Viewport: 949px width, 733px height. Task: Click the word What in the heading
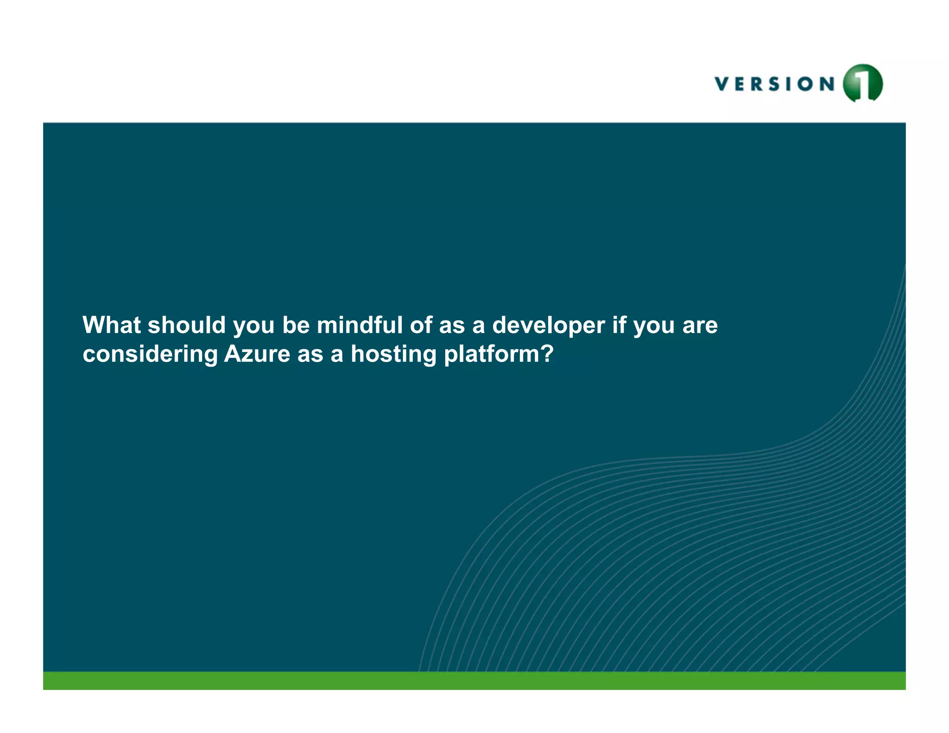click(111, 325)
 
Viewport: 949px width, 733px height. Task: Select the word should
click(186, 325)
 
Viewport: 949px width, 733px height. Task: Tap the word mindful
click(360, 325)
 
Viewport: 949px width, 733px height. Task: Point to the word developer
click(548, 325)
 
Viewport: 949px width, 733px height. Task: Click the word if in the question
click(619, 325)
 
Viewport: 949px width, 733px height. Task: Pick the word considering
click(150, 355)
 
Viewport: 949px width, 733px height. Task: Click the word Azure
click(257, 354)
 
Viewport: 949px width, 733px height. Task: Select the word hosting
click(393, 355)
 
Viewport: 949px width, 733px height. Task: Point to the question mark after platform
click(547, 354)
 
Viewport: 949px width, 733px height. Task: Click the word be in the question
click(296, 325)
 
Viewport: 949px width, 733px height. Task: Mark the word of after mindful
click(421, 325)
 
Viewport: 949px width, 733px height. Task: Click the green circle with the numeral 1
click(863, 83)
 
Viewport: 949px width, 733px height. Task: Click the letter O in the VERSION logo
click(806, 84)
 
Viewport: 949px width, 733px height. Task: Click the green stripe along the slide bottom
click(474, 681)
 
